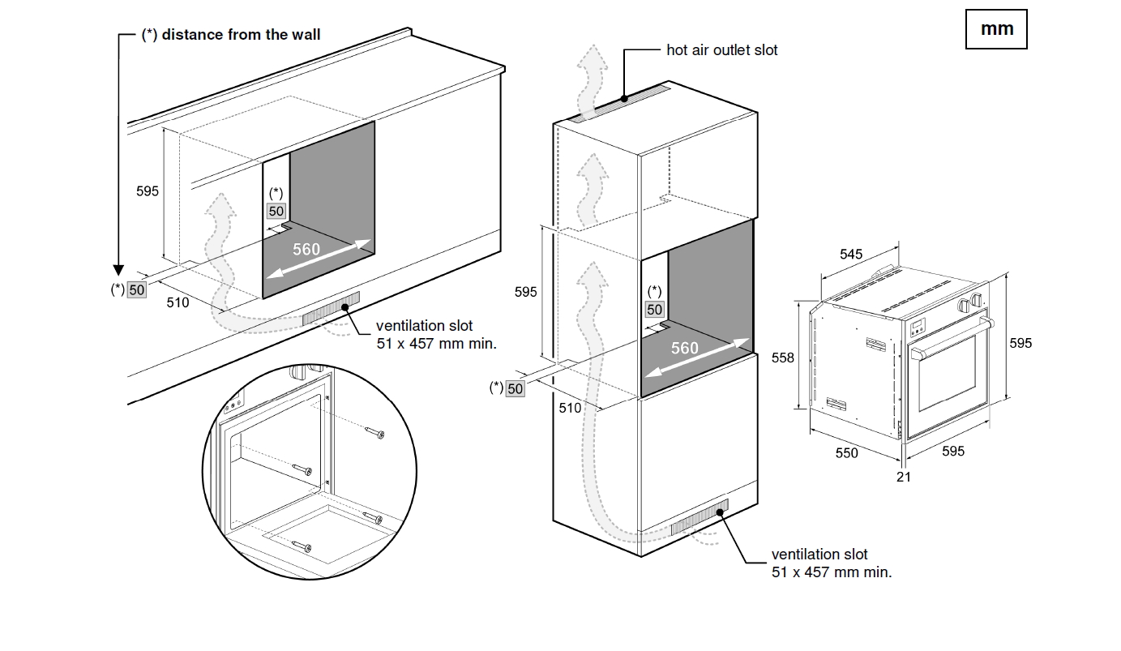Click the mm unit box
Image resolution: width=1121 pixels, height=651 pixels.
(996, 29)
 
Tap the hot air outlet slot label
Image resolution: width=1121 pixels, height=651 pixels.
(721, 50)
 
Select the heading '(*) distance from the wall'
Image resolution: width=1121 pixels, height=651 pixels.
(231, 35)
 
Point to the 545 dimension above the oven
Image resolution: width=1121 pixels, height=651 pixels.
(851, 255)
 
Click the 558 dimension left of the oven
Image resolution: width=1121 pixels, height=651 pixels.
(783, 358)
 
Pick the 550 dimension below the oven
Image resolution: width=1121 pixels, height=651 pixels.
(846, 453)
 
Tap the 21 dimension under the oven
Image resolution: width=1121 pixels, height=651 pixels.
(904, 477)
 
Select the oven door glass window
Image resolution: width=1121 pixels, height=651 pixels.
(946, 380)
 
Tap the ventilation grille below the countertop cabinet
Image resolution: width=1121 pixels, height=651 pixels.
(330, 311)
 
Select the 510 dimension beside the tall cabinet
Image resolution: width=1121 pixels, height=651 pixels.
(570, 408)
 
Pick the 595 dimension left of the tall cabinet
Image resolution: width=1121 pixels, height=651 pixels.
(526, 292)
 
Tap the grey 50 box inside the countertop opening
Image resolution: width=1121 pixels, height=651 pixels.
(276, 211)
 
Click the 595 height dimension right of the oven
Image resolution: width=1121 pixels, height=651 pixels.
(1020, 344)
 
